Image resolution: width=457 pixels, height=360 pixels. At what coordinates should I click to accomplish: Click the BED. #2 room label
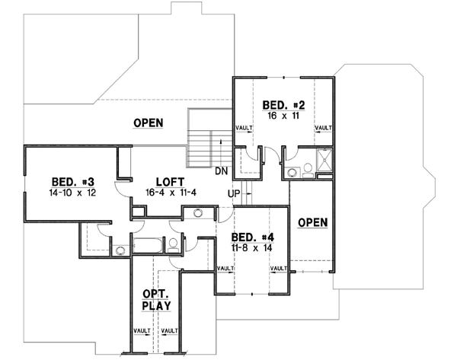pos(284,105)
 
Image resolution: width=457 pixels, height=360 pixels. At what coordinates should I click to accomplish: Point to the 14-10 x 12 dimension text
pos(72,194)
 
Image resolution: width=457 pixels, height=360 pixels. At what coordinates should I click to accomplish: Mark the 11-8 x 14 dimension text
pos(252,248)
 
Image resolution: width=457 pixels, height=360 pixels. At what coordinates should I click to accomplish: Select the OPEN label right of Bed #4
pos(312,222)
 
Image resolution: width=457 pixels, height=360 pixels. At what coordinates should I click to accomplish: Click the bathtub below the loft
pos(147,245)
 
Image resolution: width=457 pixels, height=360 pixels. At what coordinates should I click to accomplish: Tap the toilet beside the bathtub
pos(173,244)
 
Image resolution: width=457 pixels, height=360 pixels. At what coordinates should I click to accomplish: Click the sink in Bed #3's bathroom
pos(120,248)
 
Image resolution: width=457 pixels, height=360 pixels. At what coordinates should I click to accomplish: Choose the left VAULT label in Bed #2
pos(244,128)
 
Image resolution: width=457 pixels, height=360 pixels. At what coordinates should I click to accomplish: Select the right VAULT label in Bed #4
pos(279,269)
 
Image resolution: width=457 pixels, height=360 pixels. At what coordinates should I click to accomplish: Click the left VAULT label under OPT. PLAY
pos(142,332)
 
